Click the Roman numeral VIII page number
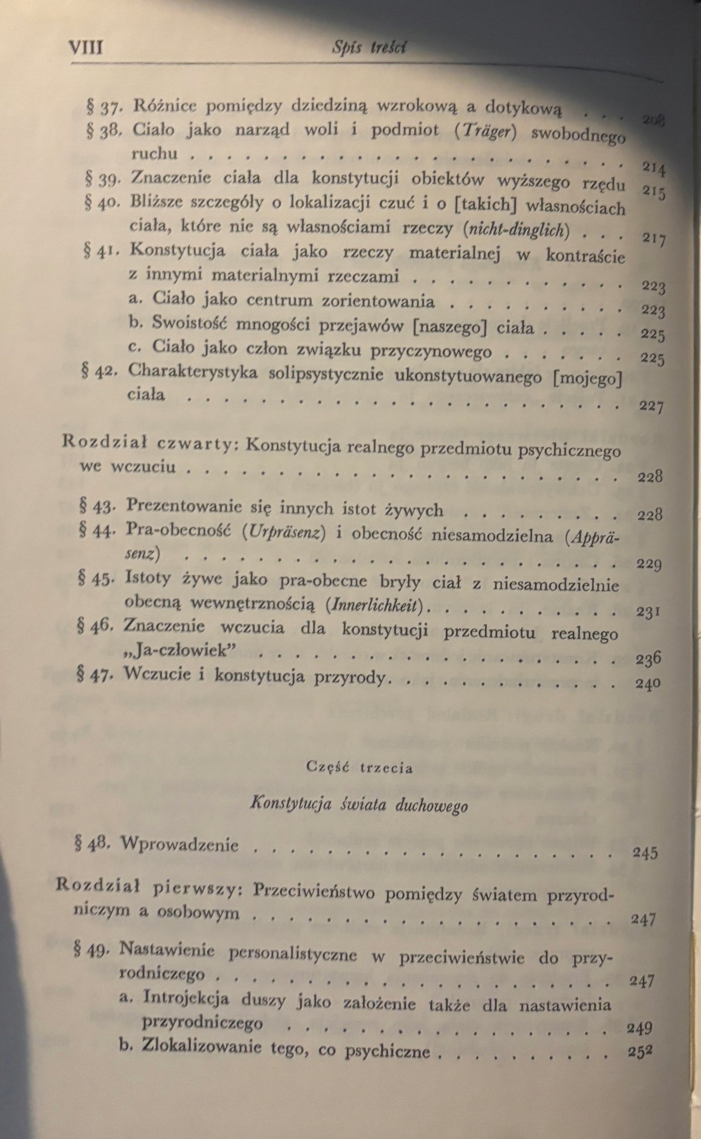[87, 49]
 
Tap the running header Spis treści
[370, 48]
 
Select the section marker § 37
[101, 107]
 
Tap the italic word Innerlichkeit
[379, 604]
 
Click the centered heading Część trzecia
[359, 769]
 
